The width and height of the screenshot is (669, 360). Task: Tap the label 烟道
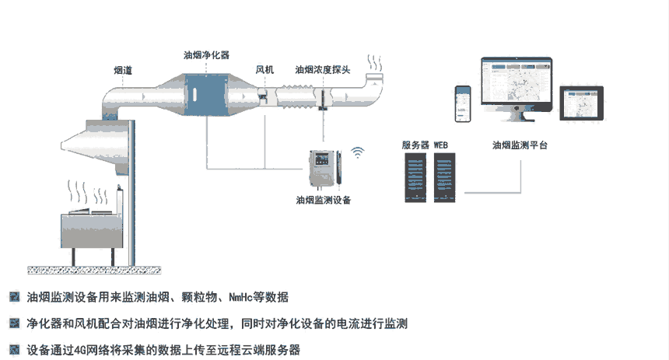[x=122, y=71]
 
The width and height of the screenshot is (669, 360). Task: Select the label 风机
[x=264, y=70]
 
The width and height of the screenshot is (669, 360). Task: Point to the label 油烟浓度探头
[x=322, y=70]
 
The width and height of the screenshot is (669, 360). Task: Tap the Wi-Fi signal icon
[x=359, y=152]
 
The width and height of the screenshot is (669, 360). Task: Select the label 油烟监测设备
[x=324, y=201]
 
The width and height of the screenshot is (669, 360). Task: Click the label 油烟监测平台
[x=520, y=145]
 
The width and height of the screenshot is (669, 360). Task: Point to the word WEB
[x=441, y=145]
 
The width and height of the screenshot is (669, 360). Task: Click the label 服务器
[x=415, y=145]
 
